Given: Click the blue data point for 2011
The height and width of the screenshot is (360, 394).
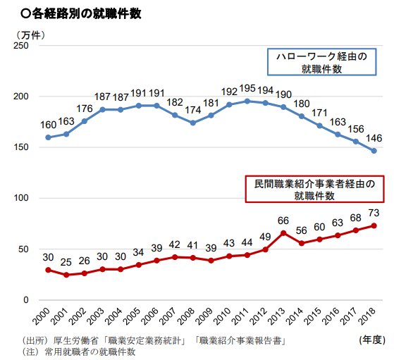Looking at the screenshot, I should pyautogui.click(x=247, y=101).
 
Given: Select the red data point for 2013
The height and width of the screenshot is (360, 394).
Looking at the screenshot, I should pyautogui.click(x=283, y=232).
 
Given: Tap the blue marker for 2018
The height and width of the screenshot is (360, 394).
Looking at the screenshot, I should pyautogui.click(x=374, y=151).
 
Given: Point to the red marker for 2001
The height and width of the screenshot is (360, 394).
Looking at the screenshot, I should pyautogui.click(x=66, y=275).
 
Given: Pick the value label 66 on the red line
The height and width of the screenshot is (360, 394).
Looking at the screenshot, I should pyautogui.click(x=283, y=220).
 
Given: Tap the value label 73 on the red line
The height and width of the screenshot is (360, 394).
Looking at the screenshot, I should pyautogui.click(x=374, y=213).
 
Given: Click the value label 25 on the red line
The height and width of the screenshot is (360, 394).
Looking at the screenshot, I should pyautogui.click(x=66, y=262).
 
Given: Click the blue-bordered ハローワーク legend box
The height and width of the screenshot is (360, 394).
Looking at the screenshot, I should pyautogui.click(x=321, y=62).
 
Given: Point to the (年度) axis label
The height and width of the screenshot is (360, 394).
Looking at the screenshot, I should pyautogui.click(x=371, y=340).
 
